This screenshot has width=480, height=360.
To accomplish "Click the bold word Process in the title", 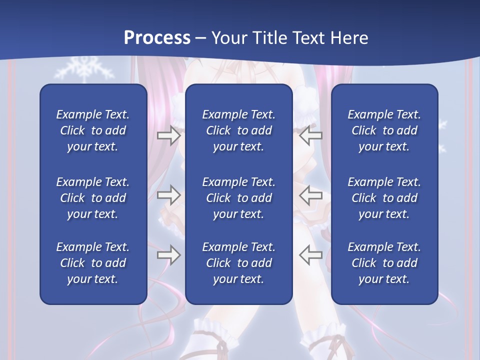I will [157, 38].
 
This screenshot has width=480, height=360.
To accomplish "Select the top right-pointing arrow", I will [168, 135].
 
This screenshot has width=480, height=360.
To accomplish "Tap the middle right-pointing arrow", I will [168, 195].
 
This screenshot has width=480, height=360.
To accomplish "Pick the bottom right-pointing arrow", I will [168, 255].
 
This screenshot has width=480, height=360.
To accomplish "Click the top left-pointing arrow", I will [310, 135].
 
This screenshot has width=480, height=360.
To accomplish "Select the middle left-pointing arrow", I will [310, 195].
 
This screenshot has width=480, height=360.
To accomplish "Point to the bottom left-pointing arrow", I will [310, 255].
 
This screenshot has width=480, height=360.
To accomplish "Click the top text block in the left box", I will [93, 130].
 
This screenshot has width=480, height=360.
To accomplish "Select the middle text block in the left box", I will [93, 198].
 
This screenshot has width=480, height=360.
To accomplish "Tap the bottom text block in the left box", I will [93, 263].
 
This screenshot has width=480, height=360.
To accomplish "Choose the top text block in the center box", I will [238, 130].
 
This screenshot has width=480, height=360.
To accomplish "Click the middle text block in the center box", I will [238, 198].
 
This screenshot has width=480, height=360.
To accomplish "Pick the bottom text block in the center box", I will [238, 263].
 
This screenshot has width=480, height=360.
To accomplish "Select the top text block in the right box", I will [384, 130].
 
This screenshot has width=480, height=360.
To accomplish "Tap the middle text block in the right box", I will [384, 198].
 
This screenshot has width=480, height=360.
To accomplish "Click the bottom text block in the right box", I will [384, 263].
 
